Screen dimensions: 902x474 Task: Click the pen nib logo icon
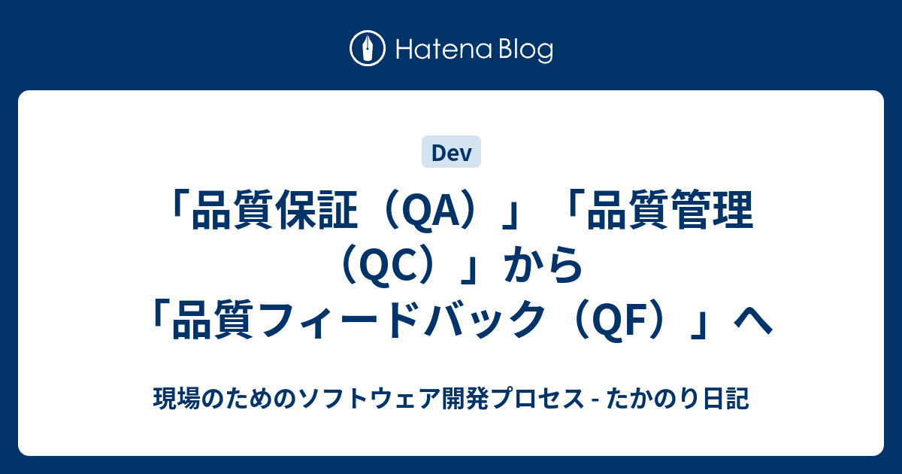tap(368, 48)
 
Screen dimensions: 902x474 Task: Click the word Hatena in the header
tap(444, 50)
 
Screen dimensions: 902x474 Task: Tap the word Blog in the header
tap(526, 50)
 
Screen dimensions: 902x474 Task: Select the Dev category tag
tap(451, 151)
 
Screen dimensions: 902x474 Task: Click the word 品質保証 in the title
tap(275, 210)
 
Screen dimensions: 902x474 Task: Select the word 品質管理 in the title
tap(670, 210)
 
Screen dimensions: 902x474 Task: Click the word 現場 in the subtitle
tap(177, 398)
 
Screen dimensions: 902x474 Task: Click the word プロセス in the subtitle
tap(537, 398)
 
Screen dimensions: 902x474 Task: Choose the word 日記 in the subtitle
tap(725, 398)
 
